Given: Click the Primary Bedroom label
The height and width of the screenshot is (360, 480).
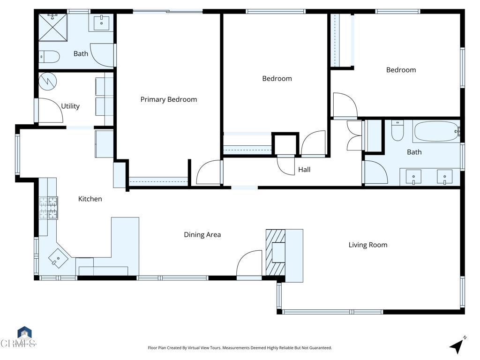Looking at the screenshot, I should pos(169,99).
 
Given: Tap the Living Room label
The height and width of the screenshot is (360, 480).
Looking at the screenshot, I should pos(368,245).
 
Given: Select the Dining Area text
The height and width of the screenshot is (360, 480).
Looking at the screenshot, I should pos(202,234).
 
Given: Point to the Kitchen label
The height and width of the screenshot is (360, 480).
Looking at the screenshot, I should pos(90,199).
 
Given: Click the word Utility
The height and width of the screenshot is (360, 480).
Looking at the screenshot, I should pos(70,106).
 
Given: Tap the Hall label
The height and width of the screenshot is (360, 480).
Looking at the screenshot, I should pos(304,170).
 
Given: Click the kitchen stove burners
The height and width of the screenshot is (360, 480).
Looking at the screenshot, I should pos(48,208).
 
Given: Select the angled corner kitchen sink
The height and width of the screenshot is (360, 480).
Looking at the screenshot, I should pos(59,258).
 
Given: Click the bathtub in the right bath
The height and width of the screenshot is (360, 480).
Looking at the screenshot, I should pos(436,132).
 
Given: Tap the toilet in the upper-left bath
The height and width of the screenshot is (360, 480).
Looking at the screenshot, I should pos(49,57).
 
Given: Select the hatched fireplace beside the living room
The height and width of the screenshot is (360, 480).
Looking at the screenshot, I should pos(276,252).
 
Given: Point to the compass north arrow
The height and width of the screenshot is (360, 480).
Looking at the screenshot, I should pos(457,346).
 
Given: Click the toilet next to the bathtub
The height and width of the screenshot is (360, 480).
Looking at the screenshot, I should pos(397,131).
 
